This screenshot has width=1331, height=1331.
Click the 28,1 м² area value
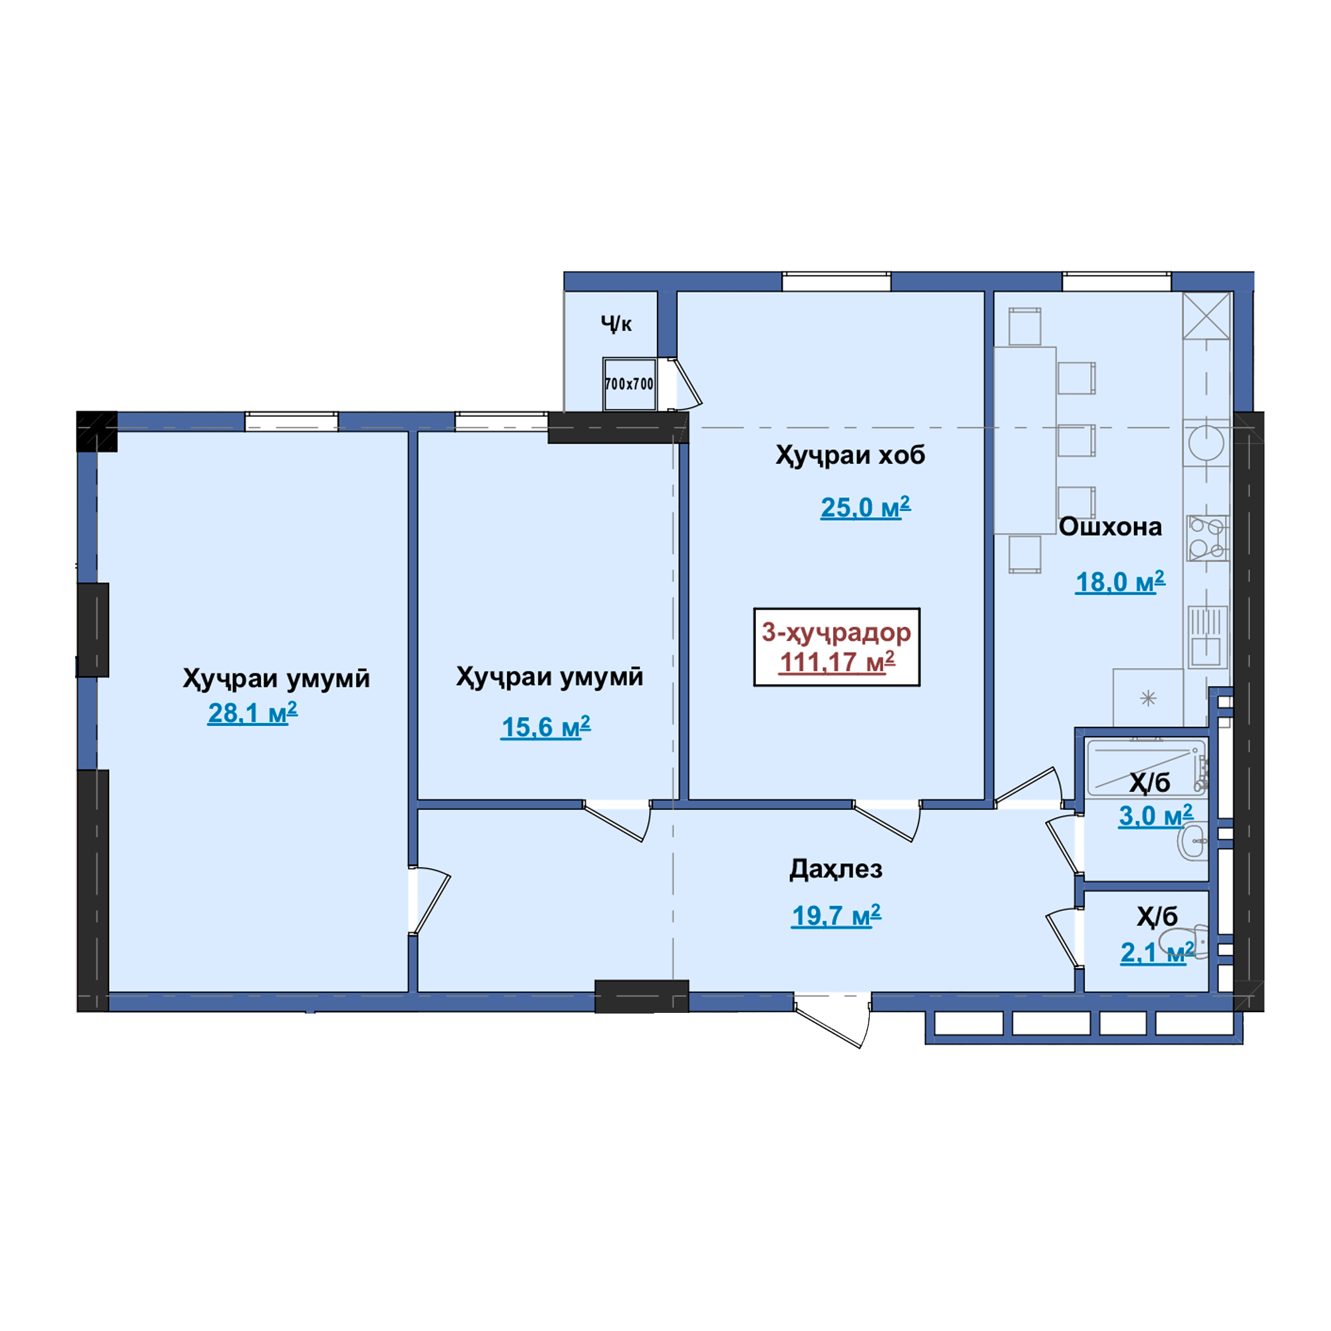tap(253, 713)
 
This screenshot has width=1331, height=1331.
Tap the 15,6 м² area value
tap(546, 727)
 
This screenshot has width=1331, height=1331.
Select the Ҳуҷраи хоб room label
tap(850, 455)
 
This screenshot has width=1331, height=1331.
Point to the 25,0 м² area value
tap(865, 507)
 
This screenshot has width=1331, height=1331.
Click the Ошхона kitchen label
tap(1110, 526)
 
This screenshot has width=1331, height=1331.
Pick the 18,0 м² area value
tap(1120, 582)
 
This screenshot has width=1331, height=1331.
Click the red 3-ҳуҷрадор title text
tap(837, 632)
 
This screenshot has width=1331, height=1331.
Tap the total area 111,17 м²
tap(837, 662)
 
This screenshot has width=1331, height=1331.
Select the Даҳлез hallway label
tap(836, 869)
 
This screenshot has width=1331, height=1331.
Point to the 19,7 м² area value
tap(837, 916)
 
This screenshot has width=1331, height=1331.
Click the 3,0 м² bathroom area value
tap(1155, 816)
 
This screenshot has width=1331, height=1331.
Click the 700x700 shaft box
tap(629, 384)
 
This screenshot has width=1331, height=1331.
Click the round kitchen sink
tap(1207, 443)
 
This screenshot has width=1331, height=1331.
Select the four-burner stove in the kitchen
tap(1207, 538)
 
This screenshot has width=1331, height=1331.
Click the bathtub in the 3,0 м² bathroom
tap(1147, 766)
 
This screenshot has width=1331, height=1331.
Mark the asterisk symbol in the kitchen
tap(1149, 699)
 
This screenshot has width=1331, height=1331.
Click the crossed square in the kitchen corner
tap(1207, 315)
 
